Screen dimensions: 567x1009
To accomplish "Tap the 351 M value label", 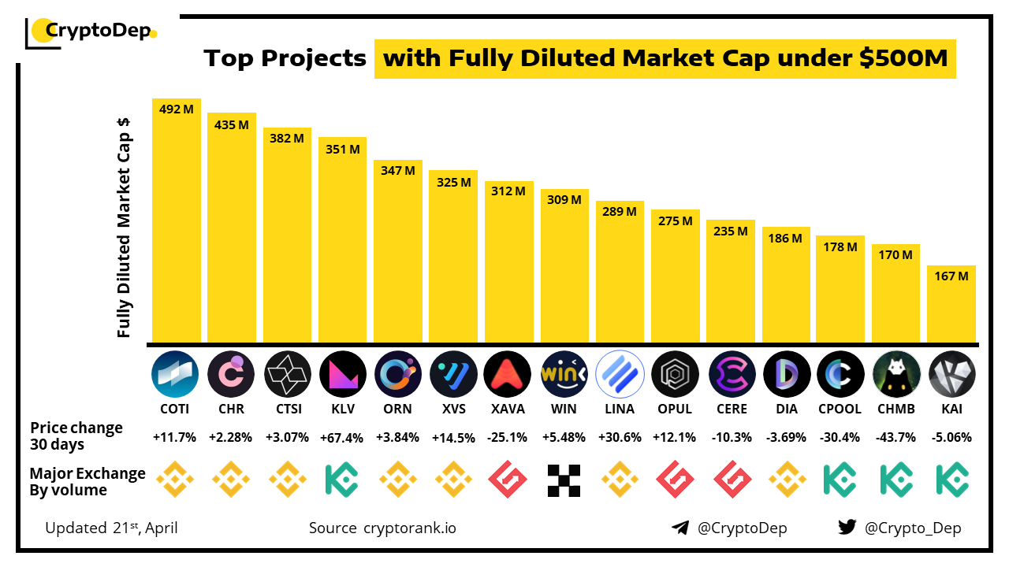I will pyautogui.click(x=343, y=149).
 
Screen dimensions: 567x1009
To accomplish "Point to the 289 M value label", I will pyautogui.click(x=620, y=212).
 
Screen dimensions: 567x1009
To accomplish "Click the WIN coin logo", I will pyautogui.click(x=564, y=373).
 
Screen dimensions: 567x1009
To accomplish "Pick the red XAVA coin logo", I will pyautogui.click(x=508, y=373).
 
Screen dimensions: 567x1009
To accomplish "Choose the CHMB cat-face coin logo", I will pyautogui.click(x=896, y=373).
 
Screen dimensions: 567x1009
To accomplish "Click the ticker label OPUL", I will pyautogui.click(x=675, y=409).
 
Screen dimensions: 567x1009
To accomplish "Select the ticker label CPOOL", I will pyautogui.click(x=840, y=409).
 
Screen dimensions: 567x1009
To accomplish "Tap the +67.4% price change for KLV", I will pyautogui.click(x=343, y=438).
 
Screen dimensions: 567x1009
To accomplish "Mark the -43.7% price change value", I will pyautogui.click(x=896, y=438).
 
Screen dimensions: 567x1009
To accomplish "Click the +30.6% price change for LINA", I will pyautogui.click(x=620, y=438).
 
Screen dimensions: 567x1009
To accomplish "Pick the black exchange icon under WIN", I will pyautogui.click(x=564, y=480).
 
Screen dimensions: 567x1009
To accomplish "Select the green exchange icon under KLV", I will pyautogui.click(x=343, y=480).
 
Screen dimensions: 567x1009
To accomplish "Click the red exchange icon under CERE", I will pyautogui.click(x=731, y=480).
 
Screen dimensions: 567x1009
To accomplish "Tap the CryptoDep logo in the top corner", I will pyautogui.click(x=91, y=31).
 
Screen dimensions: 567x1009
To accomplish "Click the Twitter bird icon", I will pyautogui.click(x=847, y=528).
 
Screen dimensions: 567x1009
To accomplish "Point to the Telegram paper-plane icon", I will pyautogui.click(x=680, y=528).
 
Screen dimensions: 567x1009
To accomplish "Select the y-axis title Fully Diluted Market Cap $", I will pyautogui.click(x=124, y=228).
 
